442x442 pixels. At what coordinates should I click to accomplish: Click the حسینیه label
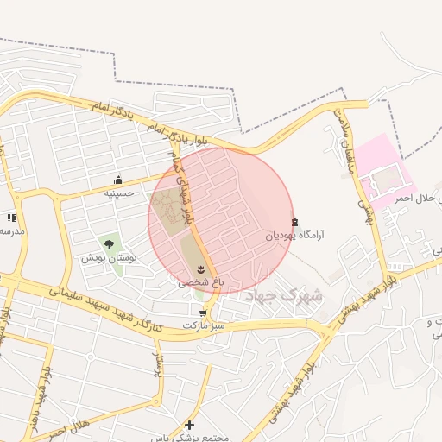(118, 193)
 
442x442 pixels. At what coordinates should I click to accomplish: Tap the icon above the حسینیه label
(118, 180)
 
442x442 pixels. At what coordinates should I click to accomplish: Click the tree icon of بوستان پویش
(108, 245)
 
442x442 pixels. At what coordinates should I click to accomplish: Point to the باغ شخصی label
(195, 281)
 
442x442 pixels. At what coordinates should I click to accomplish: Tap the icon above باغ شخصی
(202, 269)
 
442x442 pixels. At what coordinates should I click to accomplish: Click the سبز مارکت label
(203, 325)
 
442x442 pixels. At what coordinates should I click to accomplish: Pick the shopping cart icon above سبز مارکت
(203, 313)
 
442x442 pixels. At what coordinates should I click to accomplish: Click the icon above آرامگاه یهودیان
(295, 221)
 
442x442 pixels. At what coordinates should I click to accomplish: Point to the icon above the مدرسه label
(11, 218)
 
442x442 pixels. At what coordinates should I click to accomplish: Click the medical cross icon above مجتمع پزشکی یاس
(190, 425)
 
